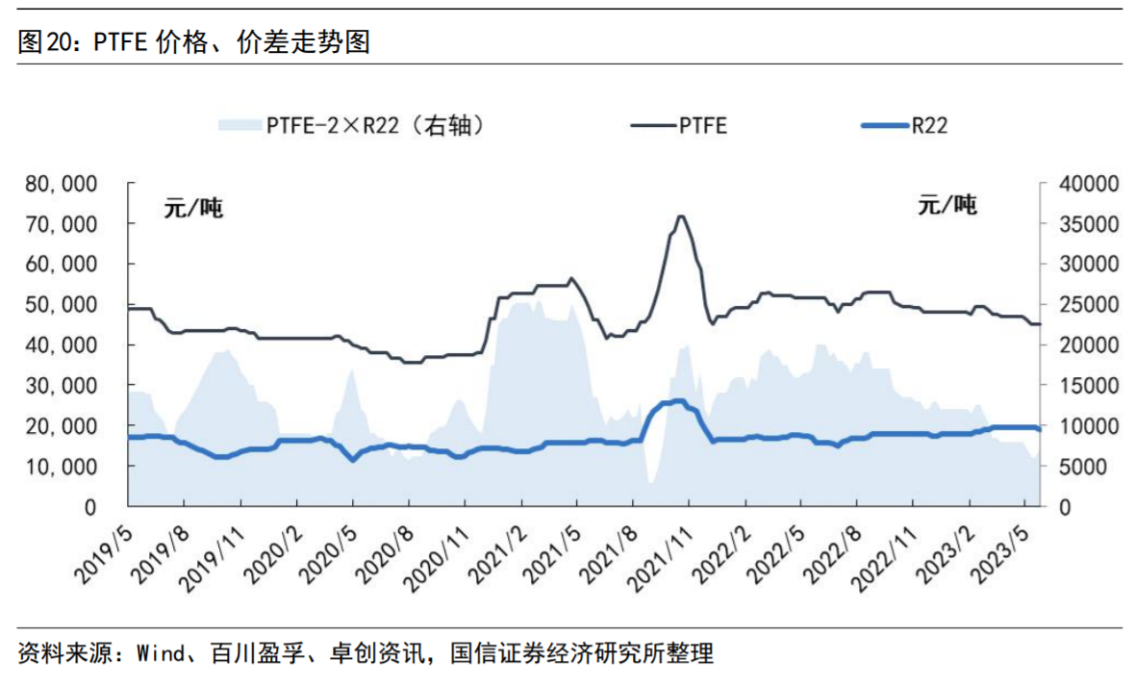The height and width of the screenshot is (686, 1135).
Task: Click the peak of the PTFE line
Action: (x=681, y=216)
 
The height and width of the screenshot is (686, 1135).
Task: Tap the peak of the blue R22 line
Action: (x=679, y=400)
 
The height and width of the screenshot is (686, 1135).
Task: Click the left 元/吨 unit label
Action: (x=193, y=208)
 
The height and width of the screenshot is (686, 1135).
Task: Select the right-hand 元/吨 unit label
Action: (x=947, y=205)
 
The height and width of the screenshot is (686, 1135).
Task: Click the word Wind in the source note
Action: (x=160, y=654)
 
